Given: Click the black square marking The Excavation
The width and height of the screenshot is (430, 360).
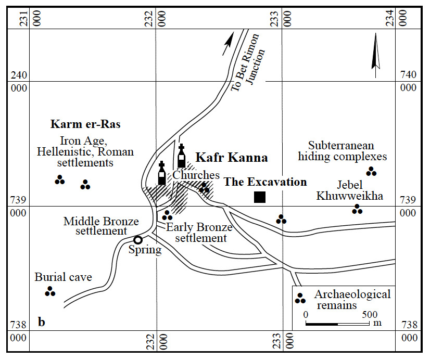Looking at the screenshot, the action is [260, 197].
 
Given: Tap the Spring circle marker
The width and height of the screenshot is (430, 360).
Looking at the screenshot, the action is [138, 240].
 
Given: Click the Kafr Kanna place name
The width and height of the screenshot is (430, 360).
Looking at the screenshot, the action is [231, 158].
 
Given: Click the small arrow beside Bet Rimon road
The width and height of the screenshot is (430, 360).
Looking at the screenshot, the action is [227, 44].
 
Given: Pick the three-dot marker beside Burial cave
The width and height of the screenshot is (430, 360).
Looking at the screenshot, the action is [50, 292].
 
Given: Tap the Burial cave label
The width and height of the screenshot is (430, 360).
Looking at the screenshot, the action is [63, 277].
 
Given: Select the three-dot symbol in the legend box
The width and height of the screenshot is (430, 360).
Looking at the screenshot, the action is [300, 298].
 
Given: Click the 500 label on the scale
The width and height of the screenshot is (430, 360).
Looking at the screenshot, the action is [370, 315].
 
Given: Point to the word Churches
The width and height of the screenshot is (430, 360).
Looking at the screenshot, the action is [196, 175].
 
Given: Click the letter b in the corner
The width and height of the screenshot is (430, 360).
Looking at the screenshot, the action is [42, 323].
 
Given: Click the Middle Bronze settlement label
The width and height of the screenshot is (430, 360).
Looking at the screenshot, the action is [101, 226].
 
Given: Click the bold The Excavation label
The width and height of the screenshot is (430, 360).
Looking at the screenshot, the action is [265, 182].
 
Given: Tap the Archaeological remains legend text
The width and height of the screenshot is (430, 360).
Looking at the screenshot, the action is [352, 300].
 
